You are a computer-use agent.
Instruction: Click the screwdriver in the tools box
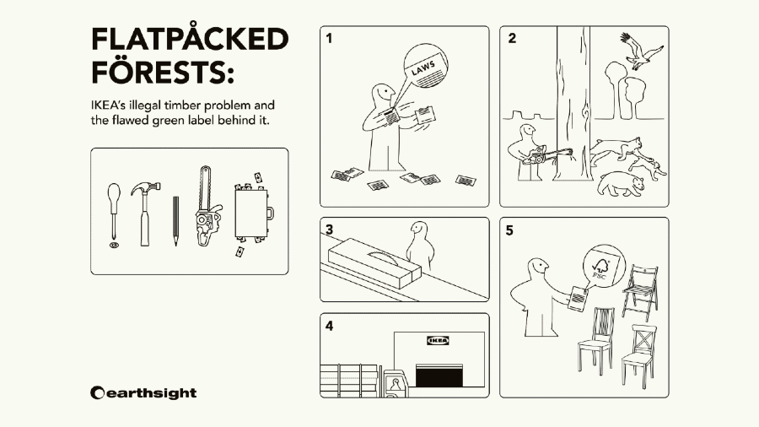113,213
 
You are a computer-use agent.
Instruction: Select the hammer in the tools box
145,213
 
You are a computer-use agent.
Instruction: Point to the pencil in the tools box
175,221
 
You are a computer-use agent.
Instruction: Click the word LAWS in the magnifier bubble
423,68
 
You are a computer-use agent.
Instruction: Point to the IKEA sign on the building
438,341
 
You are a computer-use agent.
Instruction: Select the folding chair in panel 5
640,292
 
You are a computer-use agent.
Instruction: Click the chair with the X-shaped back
639,356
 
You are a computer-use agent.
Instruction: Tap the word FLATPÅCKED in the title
190,39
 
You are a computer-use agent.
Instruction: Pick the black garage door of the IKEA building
439,376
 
